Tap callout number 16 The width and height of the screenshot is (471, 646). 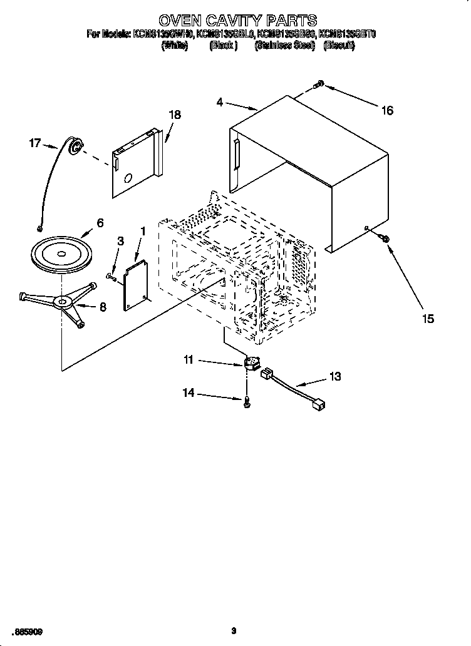tap(387, 110)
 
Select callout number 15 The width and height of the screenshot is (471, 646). tap(427, 319)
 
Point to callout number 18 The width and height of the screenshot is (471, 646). tap(175, 115)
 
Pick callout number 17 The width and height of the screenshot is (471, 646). tap(36, 143)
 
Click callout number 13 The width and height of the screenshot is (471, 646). tap(336, 376)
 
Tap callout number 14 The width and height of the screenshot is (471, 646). tap(189, 393)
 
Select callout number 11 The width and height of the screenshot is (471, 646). tap(189, 360)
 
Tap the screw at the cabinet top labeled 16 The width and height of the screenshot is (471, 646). tap(319, 84)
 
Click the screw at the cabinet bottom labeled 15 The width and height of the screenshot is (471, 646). tap(385, 238)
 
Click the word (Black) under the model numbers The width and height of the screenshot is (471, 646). tap(222, 46)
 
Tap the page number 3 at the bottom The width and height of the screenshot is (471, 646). tap(233, 631)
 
